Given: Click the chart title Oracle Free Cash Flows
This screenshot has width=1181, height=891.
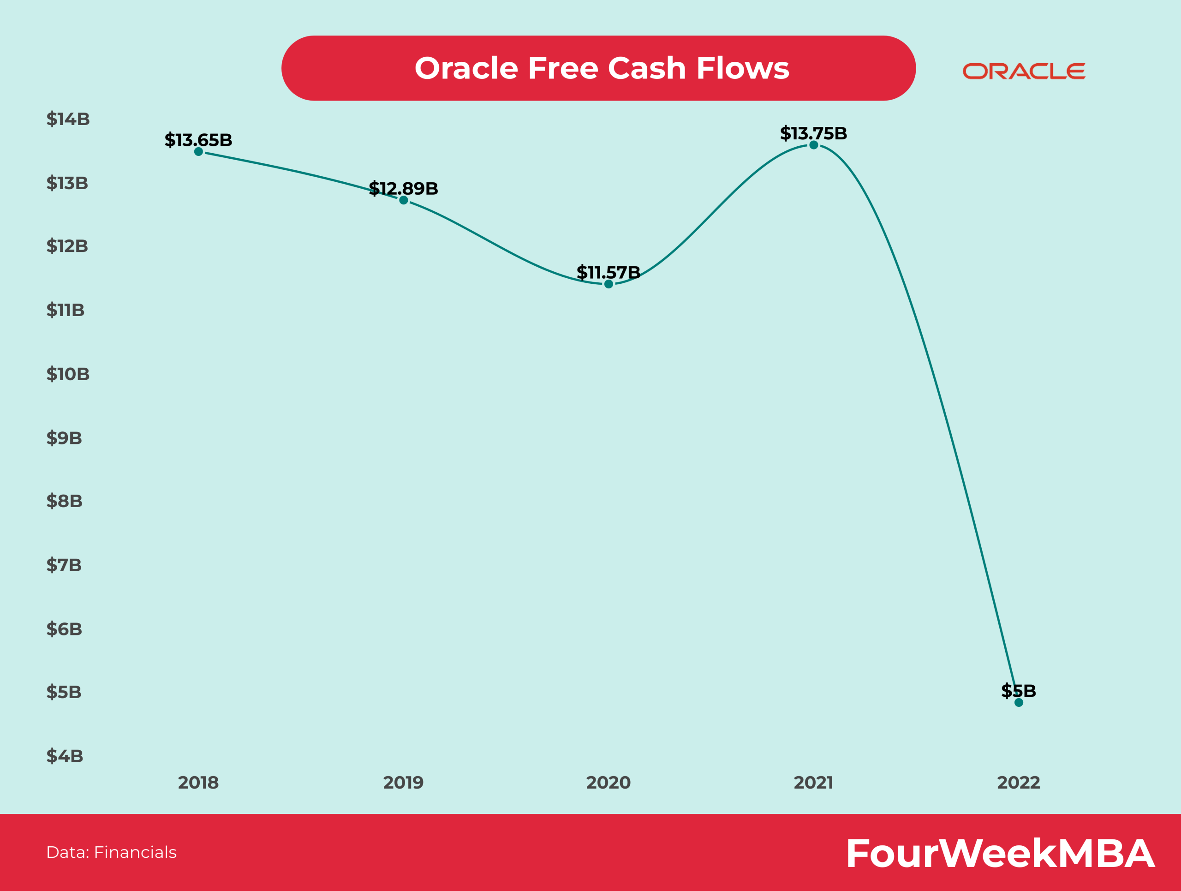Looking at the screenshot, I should [x=602, y=68].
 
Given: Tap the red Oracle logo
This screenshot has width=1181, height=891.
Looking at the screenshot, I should [x=1024, y=71].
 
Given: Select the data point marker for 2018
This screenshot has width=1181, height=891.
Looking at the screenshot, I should [x=199, y=152].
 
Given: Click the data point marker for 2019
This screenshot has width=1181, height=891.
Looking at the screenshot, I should [x=404, y=200].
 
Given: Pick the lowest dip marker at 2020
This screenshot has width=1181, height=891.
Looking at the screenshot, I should [x=608, y=284].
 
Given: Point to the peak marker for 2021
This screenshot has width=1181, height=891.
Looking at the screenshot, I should [x=814, y=145].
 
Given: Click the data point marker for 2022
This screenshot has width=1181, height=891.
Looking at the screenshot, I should [x=1019, y=703].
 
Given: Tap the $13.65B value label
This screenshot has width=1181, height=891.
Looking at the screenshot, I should [x=199, y=140].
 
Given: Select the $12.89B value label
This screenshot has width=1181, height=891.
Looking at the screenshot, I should [x=404, y=188].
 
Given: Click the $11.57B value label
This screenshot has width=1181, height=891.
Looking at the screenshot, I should [x=608, y=272].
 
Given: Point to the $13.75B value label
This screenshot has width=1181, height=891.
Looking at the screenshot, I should [x=814, y=133].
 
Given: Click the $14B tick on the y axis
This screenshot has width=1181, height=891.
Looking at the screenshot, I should [x=68, y=119].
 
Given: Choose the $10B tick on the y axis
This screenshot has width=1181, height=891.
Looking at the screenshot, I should [x=68, y=374].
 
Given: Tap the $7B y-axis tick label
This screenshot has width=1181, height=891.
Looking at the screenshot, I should [x=64, y=565].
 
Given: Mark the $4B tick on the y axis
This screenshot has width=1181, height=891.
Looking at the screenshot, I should [x=65, y=756].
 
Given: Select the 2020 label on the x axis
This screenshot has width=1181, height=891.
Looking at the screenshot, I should [x=608, y=783].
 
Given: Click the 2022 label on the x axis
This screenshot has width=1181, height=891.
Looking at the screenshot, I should [x=1019, y=783].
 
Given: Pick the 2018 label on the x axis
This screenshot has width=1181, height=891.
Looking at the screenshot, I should [x=199, y=783].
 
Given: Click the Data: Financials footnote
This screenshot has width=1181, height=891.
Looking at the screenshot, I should [x=111, y=852].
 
